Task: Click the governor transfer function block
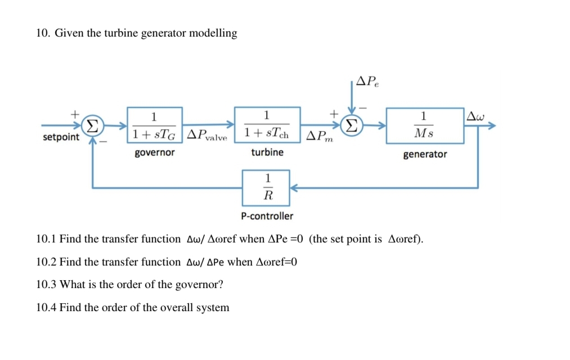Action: [x=154, y=125]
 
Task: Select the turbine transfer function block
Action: [x=267, y=124]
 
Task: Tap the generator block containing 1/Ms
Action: [x=424, y=125]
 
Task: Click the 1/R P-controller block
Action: [x=266, y=188]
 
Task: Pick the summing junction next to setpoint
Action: [x=92, y=125]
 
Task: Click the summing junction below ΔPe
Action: [x=352, y=125]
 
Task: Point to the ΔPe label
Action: [x=367, y=82]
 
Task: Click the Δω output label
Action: [x=475, y=116]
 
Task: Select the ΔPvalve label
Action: [x=207, y=136]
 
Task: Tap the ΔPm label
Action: [x=319, y=136]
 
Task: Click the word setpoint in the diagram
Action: [x=61, y=138]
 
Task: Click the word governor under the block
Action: [x=155, y=152]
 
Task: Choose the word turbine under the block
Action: [x=267, y=152]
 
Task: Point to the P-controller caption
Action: [x=267, y=216]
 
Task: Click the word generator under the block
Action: [x=425, y=154]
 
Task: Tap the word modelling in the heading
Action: [x=213, y=33]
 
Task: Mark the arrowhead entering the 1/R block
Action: [x=294, y=188]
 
